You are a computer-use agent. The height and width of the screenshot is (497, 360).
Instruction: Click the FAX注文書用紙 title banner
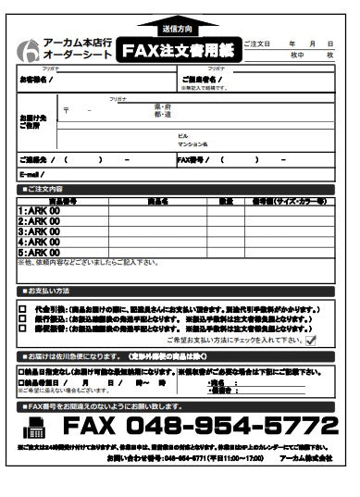[x=180, y=50]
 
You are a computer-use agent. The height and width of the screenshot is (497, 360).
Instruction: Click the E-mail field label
[x=31, y=174]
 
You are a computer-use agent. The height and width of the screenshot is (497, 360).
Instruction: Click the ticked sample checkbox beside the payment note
[x=311, y=341]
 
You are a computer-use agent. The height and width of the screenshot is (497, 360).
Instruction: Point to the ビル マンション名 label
[x=192, y=141]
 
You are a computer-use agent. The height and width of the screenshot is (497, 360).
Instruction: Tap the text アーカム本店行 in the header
[x=78, y=43]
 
